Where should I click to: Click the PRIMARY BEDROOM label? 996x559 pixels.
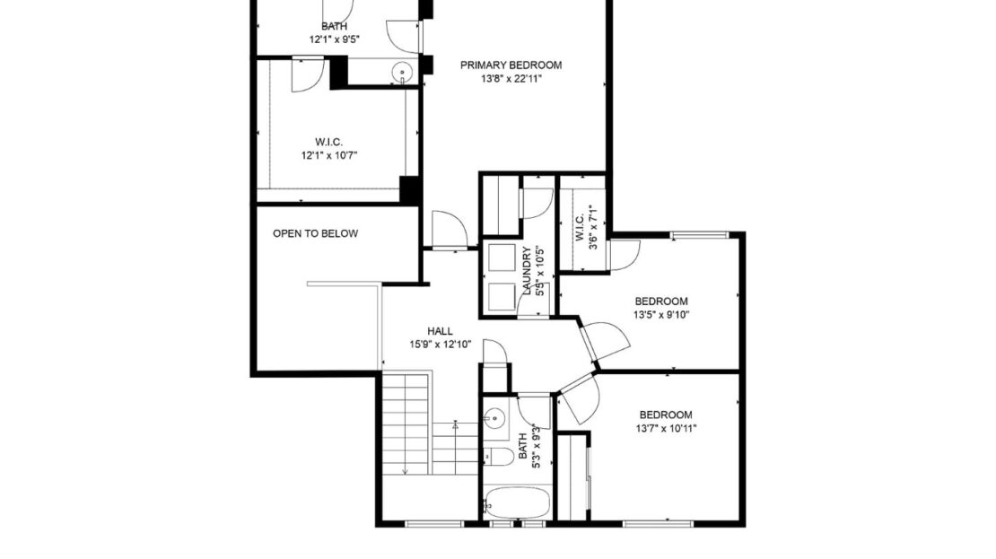pyautogui.click(x=511, y=65)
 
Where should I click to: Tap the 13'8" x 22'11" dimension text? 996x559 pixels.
pyautogui.click(x=511, y=79)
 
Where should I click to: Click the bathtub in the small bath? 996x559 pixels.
pyautogui.click(x=516, y=502)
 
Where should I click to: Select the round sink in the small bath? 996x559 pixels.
pyautogui.click(x=494, y=416)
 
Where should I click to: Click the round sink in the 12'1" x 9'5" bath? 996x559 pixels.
pyautogui.click(x=403, y=73)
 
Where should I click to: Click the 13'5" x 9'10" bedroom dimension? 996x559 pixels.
pyautogui.click(x=660, y=315)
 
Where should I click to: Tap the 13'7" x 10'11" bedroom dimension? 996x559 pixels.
pyautogui.click(x=665, y=429)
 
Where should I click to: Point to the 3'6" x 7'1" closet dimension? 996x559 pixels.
pyautogui.click(x=592, y=228)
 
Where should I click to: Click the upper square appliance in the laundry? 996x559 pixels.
pyautogui.click(x=500, y=258)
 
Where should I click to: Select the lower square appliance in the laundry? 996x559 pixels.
pyautogui.click(x=500, y=296)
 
